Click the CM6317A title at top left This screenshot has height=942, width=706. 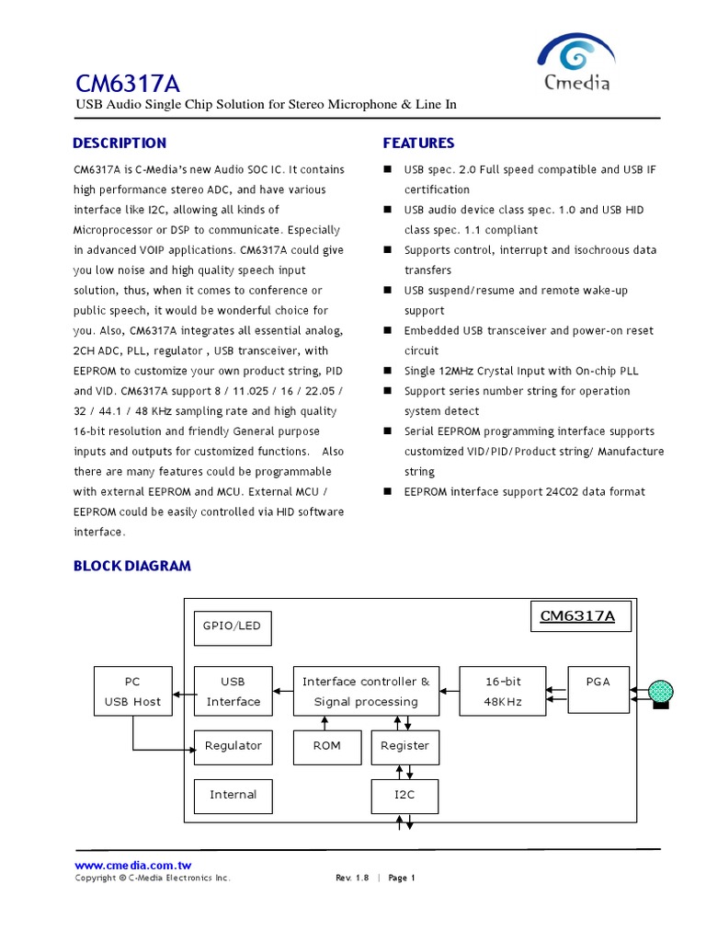coord(128,84)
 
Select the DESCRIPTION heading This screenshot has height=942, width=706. coord(120,143)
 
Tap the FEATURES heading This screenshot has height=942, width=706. coord(418,143)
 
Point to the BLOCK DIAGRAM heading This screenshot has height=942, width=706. coord(132,566)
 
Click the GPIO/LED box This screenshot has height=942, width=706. coord(233,626)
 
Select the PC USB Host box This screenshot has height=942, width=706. coord(133,691)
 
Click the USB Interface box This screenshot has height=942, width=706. coord(233,691)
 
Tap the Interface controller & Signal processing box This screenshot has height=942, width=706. coord(366,691)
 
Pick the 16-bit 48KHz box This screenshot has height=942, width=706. coord(503,691)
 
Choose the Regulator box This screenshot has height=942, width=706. coord(233,746)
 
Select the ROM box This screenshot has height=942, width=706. coord(326,746)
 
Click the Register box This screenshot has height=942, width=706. coord(404,746)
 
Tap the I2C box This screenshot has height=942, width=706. coord(404,795)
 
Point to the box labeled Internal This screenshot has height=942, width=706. coord(233,795)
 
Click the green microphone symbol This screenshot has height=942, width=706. coord(661,692)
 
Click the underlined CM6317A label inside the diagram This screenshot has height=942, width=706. coord(577,616)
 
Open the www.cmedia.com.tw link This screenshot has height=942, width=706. coord(132,865)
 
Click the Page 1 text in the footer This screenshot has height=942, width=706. coord(402,878)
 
